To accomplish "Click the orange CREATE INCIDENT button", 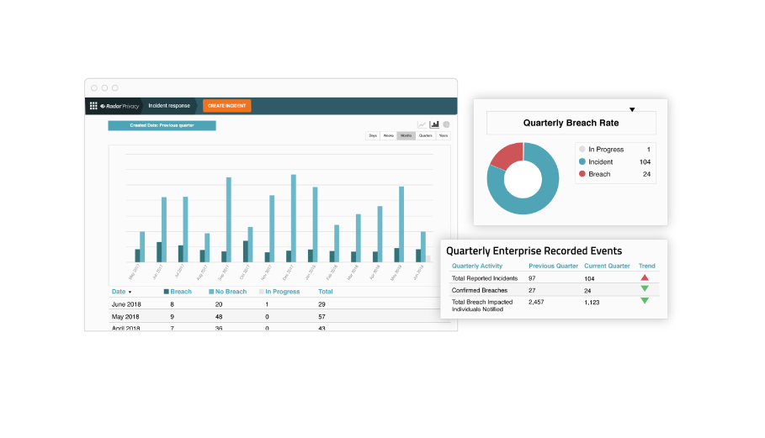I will [226, 106].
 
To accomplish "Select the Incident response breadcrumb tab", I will [169, 106].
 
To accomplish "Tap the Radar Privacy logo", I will [119, 106].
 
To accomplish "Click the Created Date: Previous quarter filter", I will [162, 125].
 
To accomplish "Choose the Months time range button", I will [406, 135].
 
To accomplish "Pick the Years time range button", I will [444, 135].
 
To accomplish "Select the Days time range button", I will [372, 135].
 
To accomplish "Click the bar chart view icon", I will [434, 124].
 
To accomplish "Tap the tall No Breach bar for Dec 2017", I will [293, 219].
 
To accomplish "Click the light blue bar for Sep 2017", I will [228, 219].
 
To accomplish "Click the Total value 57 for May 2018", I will [322, 317].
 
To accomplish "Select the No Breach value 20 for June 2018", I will [219, 304].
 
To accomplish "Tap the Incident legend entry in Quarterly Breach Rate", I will [601, 161].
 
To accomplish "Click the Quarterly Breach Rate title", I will [571, 123].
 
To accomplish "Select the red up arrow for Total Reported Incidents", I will [645, 277].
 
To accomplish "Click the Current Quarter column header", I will [607, 266].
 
